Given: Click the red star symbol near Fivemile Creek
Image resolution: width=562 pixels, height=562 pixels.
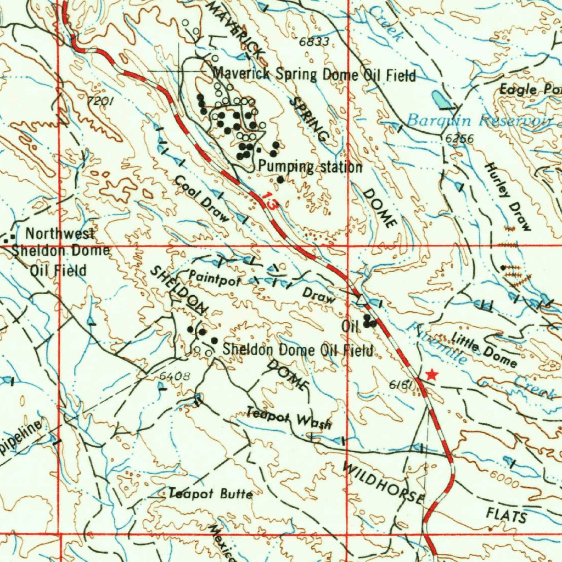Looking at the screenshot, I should tap(432, 375).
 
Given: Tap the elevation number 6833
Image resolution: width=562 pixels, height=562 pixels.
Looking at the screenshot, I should tap(314, 42).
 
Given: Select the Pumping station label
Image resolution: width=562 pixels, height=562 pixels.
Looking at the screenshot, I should tap(310, 166).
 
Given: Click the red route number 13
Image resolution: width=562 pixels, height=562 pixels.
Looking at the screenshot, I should tap(269, 200).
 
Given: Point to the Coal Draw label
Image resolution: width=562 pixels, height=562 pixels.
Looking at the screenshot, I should tap(201, 199).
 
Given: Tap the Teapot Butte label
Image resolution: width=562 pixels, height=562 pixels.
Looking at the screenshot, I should tap(211, 494).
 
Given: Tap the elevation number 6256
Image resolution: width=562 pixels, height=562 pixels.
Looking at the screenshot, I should tap(459, 139).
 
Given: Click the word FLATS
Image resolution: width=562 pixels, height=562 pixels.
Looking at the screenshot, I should tap(506, 515).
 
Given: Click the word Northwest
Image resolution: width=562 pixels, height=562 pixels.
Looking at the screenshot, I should tap(60, 234).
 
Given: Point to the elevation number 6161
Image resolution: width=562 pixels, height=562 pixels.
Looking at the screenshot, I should tap(401, 386).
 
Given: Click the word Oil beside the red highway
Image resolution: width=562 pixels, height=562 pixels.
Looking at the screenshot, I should tap(350, 326).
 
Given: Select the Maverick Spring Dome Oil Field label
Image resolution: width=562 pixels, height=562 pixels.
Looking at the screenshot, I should tap(314, 74).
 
